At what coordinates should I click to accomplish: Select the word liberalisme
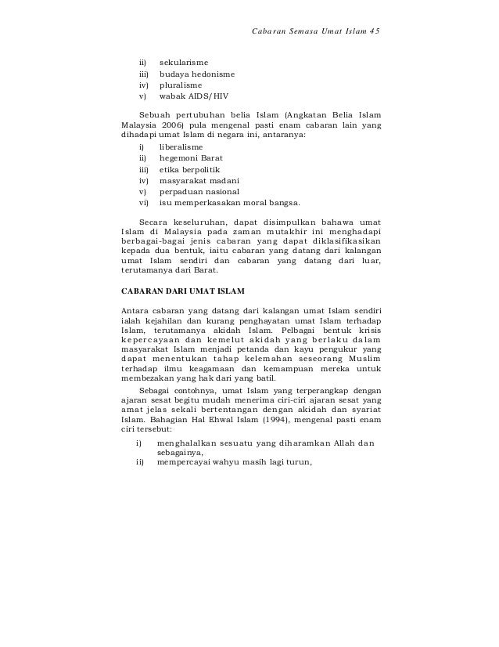(x=181, y=146)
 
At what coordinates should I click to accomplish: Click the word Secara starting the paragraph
(x=153, y=222)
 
